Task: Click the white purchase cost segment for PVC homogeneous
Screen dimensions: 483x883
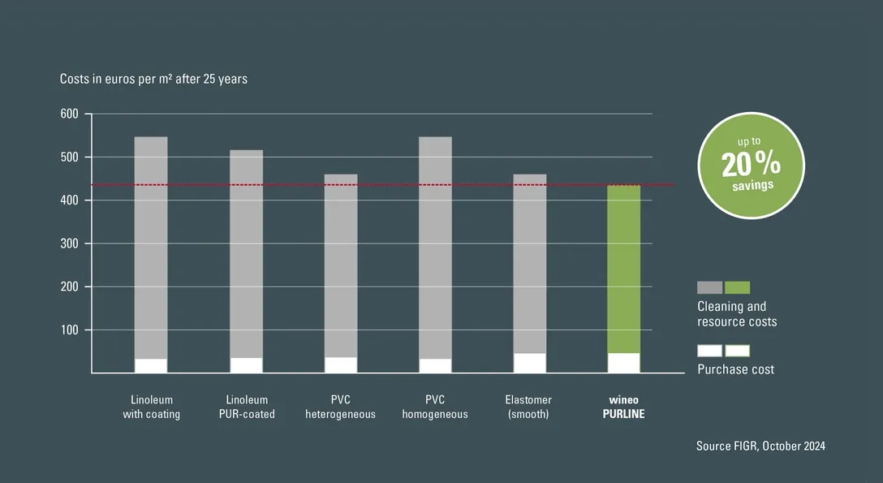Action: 435,365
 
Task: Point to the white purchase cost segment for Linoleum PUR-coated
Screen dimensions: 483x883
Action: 246,365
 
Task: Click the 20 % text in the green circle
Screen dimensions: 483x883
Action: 751,165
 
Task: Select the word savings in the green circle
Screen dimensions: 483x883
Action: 751,185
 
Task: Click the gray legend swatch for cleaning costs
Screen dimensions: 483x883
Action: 709,287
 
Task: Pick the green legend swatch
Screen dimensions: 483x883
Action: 738,287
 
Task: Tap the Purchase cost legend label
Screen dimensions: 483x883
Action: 735,369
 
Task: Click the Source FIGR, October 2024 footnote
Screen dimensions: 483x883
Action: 760,446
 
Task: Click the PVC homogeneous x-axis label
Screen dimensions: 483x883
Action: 435,407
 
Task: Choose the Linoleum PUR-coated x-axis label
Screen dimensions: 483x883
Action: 247,407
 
